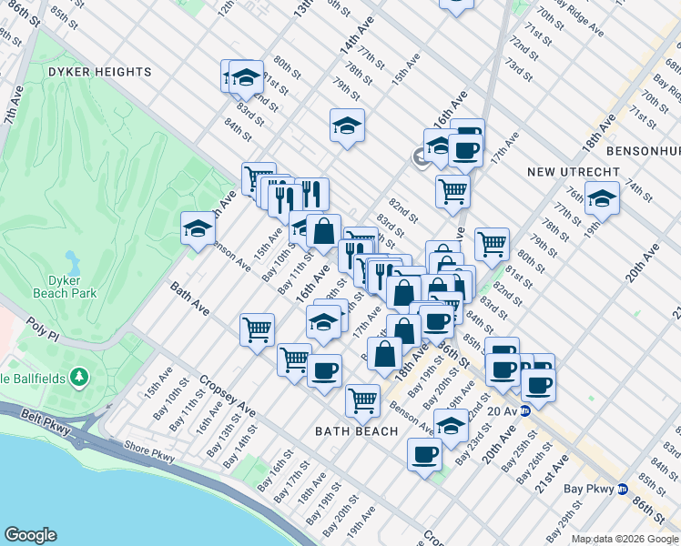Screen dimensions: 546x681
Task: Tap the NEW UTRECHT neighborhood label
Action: (573, 171)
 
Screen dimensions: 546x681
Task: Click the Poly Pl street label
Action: (43, 329)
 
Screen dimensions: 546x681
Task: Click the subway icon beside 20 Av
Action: (524, 411)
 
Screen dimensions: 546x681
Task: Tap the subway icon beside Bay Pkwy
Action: (623, 489)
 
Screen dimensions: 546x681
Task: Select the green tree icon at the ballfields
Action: (80, 376)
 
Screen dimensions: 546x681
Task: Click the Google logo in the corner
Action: (30, 535)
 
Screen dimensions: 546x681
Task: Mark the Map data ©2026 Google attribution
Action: (625, 539)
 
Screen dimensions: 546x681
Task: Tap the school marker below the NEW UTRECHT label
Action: (602, 198)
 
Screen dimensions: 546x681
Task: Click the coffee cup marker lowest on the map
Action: (424, 454)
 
